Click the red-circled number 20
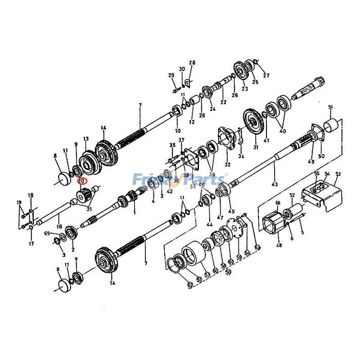(x=81, y=181)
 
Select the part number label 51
(x=330, y=107)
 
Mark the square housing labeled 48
(x=273, y=224)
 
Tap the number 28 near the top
(x=192, y=63)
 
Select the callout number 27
(x=266, y=75)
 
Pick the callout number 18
(x=31, y=195)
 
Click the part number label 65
(x=47, y=233)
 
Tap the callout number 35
(x=172, y=145)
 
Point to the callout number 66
(x=278, y=203)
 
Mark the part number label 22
(x=223, y=102)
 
